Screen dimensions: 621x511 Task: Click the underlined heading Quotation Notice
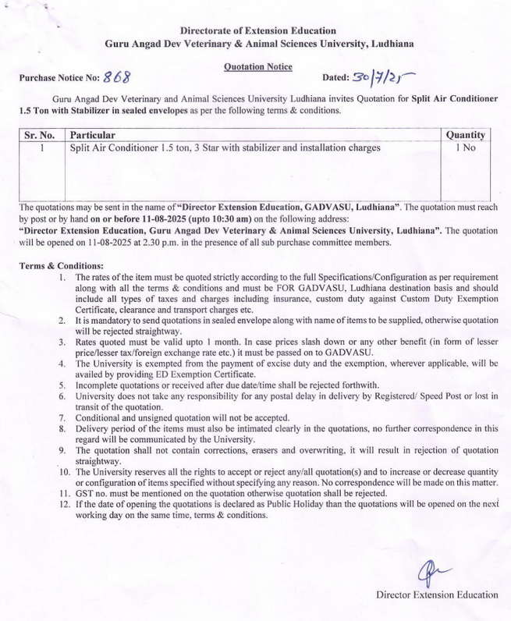[x=257, y=67]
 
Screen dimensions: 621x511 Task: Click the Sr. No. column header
[x=39, y=135]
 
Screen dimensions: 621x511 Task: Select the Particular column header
[x=93, y=135]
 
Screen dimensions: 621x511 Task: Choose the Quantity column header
[x=465, y=135]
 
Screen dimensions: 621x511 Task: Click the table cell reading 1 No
[x=465, y=147]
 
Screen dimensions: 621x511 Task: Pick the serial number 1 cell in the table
[x=39, y=147]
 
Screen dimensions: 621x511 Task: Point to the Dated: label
[x=338, y=79]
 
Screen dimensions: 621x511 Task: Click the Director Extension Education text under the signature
[x=436, y=594]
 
